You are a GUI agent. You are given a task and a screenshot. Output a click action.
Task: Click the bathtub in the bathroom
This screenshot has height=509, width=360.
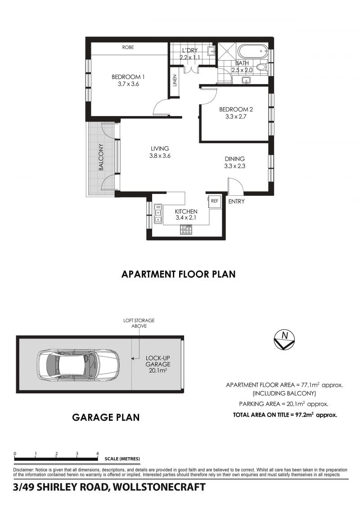[253, 52]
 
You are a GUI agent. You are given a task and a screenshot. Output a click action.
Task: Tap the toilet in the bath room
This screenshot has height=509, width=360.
[261, 68]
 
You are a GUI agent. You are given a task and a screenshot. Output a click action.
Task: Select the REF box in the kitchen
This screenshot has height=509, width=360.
[215, 201]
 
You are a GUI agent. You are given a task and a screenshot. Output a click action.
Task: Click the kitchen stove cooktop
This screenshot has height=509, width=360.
[186, 230]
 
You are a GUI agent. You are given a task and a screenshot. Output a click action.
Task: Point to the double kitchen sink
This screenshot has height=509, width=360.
[158, 214]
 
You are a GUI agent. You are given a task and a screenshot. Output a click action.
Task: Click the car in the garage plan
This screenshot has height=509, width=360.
[78, 365]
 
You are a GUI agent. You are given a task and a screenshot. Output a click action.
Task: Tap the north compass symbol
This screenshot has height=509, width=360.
[284, 340]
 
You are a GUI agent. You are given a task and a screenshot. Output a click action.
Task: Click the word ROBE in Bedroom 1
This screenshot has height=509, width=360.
[128, 47]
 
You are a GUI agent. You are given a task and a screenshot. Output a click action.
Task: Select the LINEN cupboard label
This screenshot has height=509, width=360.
[175, 81]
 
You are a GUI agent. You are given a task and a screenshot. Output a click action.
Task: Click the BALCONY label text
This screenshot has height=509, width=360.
[101, 157]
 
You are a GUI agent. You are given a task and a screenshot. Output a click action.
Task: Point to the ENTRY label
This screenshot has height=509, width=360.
[236, 201]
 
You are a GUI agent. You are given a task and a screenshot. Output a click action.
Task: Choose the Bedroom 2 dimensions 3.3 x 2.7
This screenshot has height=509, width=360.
[236, 117]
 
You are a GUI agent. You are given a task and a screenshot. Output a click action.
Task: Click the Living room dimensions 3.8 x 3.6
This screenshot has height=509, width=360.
[160, 156]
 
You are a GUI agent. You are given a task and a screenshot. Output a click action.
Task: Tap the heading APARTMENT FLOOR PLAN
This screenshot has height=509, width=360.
[179, 274]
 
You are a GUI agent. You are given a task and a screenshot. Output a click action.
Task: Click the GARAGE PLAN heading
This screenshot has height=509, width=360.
[106, 417]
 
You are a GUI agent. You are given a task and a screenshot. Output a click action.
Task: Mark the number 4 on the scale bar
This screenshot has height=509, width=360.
[97, 454]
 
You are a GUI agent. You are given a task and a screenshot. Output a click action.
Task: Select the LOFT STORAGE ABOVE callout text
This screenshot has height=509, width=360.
[139, 323]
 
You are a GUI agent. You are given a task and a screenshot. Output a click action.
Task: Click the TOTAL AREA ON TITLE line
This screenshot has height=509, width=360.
[285, 414]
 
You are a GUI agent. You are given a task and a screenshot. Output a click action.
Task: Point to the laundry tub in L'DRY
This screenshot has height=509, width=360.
[211, 51]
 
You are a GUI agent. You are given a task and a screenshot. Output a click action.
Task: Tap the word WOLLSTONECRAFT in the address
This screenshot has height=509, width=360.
[159, 487]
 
